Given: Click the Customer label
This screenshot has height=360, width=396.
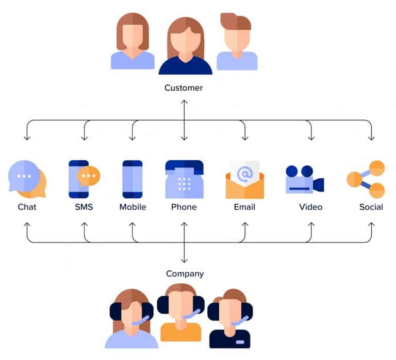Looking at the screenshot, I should [x=184, y=88].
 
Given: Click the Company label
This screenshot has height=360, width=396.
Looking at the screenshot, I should [x=185, y=274].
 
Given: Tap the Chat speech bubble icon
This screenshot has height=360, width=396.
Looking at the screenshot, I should [x=27, y=179].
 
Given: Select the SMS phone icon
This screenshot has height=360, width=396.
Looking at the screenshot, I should [x=82, y=179].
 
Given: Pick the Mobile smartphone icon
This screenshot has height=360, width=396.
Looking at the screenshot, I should [x=133, y=179].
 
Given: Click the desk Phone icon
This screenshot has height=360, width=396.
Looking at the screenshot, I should [x=184, y=179].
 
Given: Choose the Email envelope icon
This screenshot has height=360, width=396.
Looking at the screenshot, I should [x=244, y=180].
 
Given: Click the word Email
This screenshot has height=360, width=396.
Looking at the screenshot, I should [x=244, y=207].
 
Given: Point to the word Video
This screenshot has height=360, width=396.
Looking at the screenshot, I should [x=310, y=207].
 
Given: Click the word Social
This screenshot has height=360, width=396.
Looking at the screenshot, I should [x=371, y=207].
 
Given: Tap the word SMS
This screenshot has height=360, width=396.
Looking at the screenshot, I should [x=85, y=207].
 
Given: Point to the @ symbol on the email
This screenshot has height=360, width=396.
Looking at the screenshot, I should [x=244, y=173].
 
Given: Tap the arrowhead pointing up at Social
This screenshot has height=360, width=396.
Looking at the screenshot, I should [x=371, y=226].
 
